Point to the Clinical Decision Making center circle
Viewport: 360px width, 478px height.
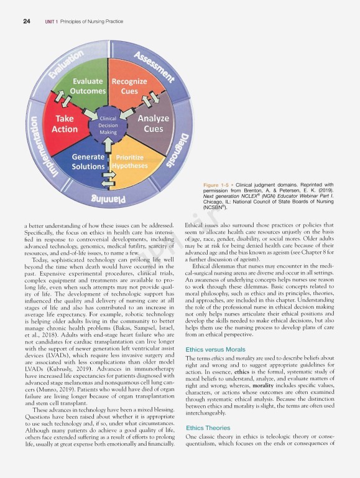point(108,124)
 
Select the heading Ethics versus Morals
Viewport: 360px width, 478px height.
point(215,350)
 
